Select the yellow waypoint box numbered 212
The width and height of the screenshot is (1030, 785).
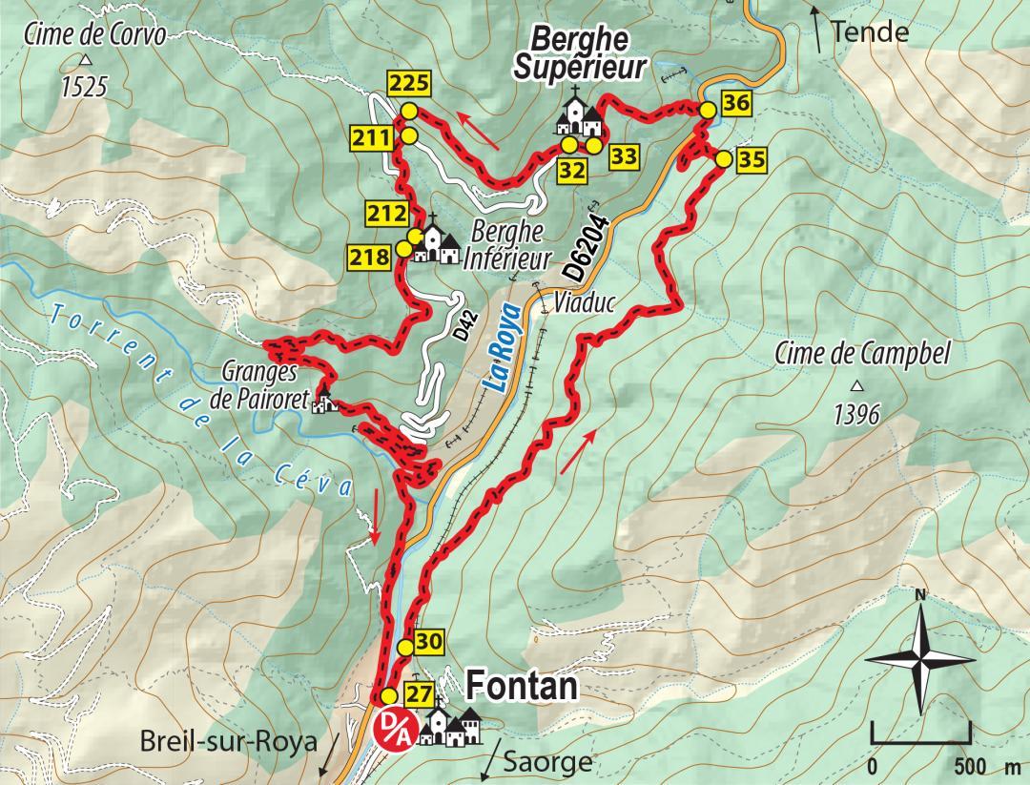click(x=387, y=214)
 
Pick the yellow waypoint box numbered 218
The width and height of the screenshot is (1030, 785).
click(x=370, y=257)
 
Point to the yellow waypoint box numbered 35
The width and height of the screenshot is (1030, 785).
click(x=751, y=159)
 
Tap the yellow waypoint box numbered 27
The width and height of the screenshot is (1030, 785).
click(x=420, y=692)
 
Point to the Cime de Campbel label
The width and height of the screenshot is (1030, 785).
click(x=862, y=353)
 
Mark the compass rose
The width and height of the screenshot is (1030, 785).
click(x=920, y=657)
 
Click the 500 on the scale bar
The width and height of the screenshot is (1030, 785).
click(x=970, y=768)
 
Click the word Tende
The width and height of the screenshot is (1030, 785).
click(x=870, y=32)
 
